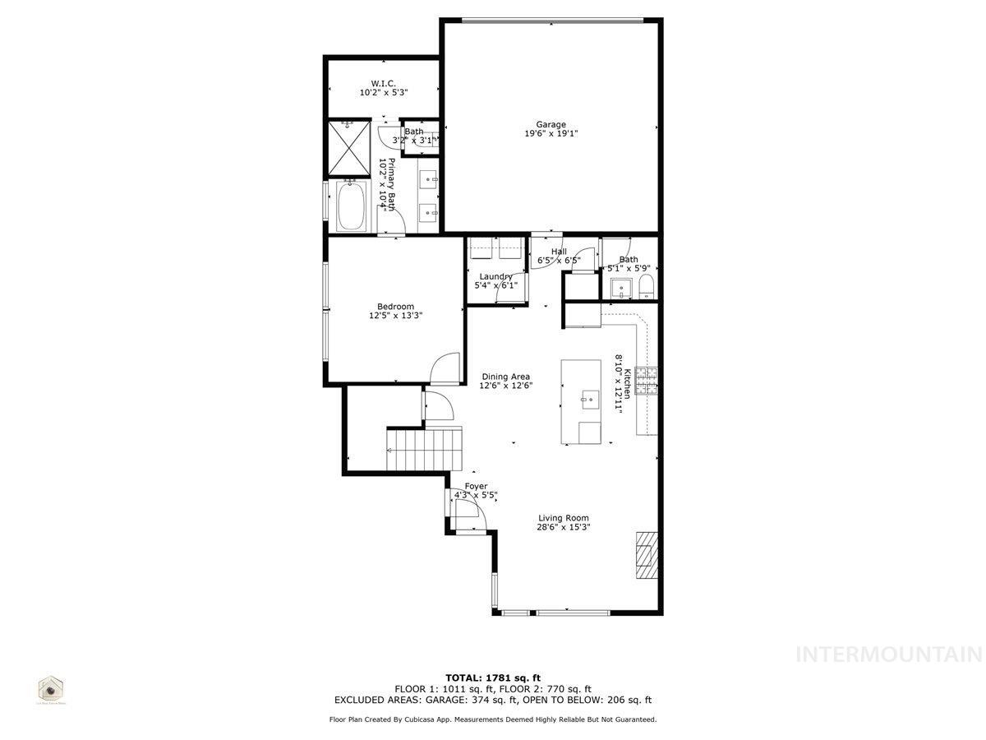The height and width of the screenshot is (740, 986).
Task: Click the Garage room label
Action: (551, 125)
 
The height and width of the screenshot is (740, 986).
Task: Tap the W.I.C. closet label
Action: (384, 84)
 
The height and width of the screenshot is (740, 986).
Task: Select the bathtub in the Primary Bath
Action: (352, 206)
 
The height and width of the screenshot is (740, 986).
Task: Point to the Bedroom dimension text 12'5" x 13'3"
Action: (395, 315)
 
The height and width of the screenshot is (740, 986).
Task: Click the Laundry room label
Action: (496, 276)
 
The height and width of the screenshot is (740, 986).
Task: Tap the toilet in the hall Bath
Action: (646, 287)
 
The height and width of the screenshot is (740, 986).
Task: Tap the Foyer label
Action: (476, 487)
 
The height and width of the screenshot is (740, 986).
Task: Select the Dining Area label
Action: (506, 377)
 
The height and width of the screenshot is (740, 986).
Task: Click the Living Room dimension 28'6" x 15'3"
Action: (564, 527)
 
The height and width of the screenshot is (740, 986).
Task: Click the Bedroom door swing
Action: (445, 368)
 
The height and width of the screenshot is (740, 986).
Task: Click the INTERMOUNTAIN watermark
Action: (890, 654)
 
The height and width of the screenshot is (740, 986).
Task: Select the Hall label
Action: (559, 252)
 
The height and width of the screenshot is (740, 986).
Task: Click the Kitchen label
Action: (627, 383)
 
